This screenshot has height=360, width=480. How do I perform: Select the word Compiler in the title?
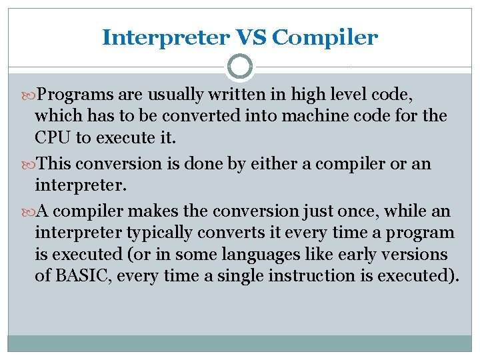[x=325, y=37]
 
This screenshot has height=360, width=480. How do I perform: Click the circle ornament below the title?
[x=239, y=67]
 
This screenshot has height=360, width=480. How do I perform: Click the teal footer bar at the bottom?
[x=239, y=343]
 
